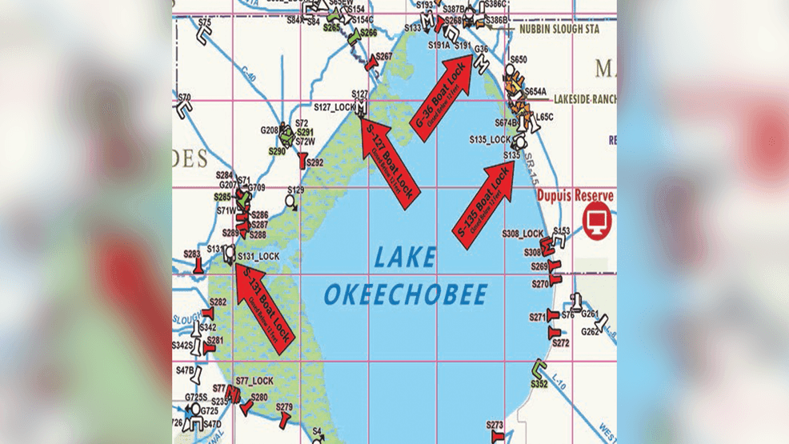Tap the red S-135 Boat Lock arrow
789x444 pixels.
[x=484, y=200]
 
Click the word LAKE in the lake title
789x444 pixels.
[x=407, y=258]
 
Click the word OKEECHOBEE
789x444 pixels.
[x=406, y=294]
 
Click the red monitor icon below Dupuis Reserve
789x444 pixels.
[x=597, y=222]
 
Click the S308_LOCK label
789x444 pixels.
[x=523, y=234]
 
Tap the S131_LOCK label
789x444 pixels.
[x=258, y=256]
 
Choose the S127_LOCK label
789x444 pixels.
[x=334, y=106]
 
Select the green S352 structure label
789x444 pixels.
[x=539, y=384]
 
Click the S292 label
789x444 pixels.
[x=314, y=162]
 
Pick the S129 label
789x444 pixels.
[x=296, y=190]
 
